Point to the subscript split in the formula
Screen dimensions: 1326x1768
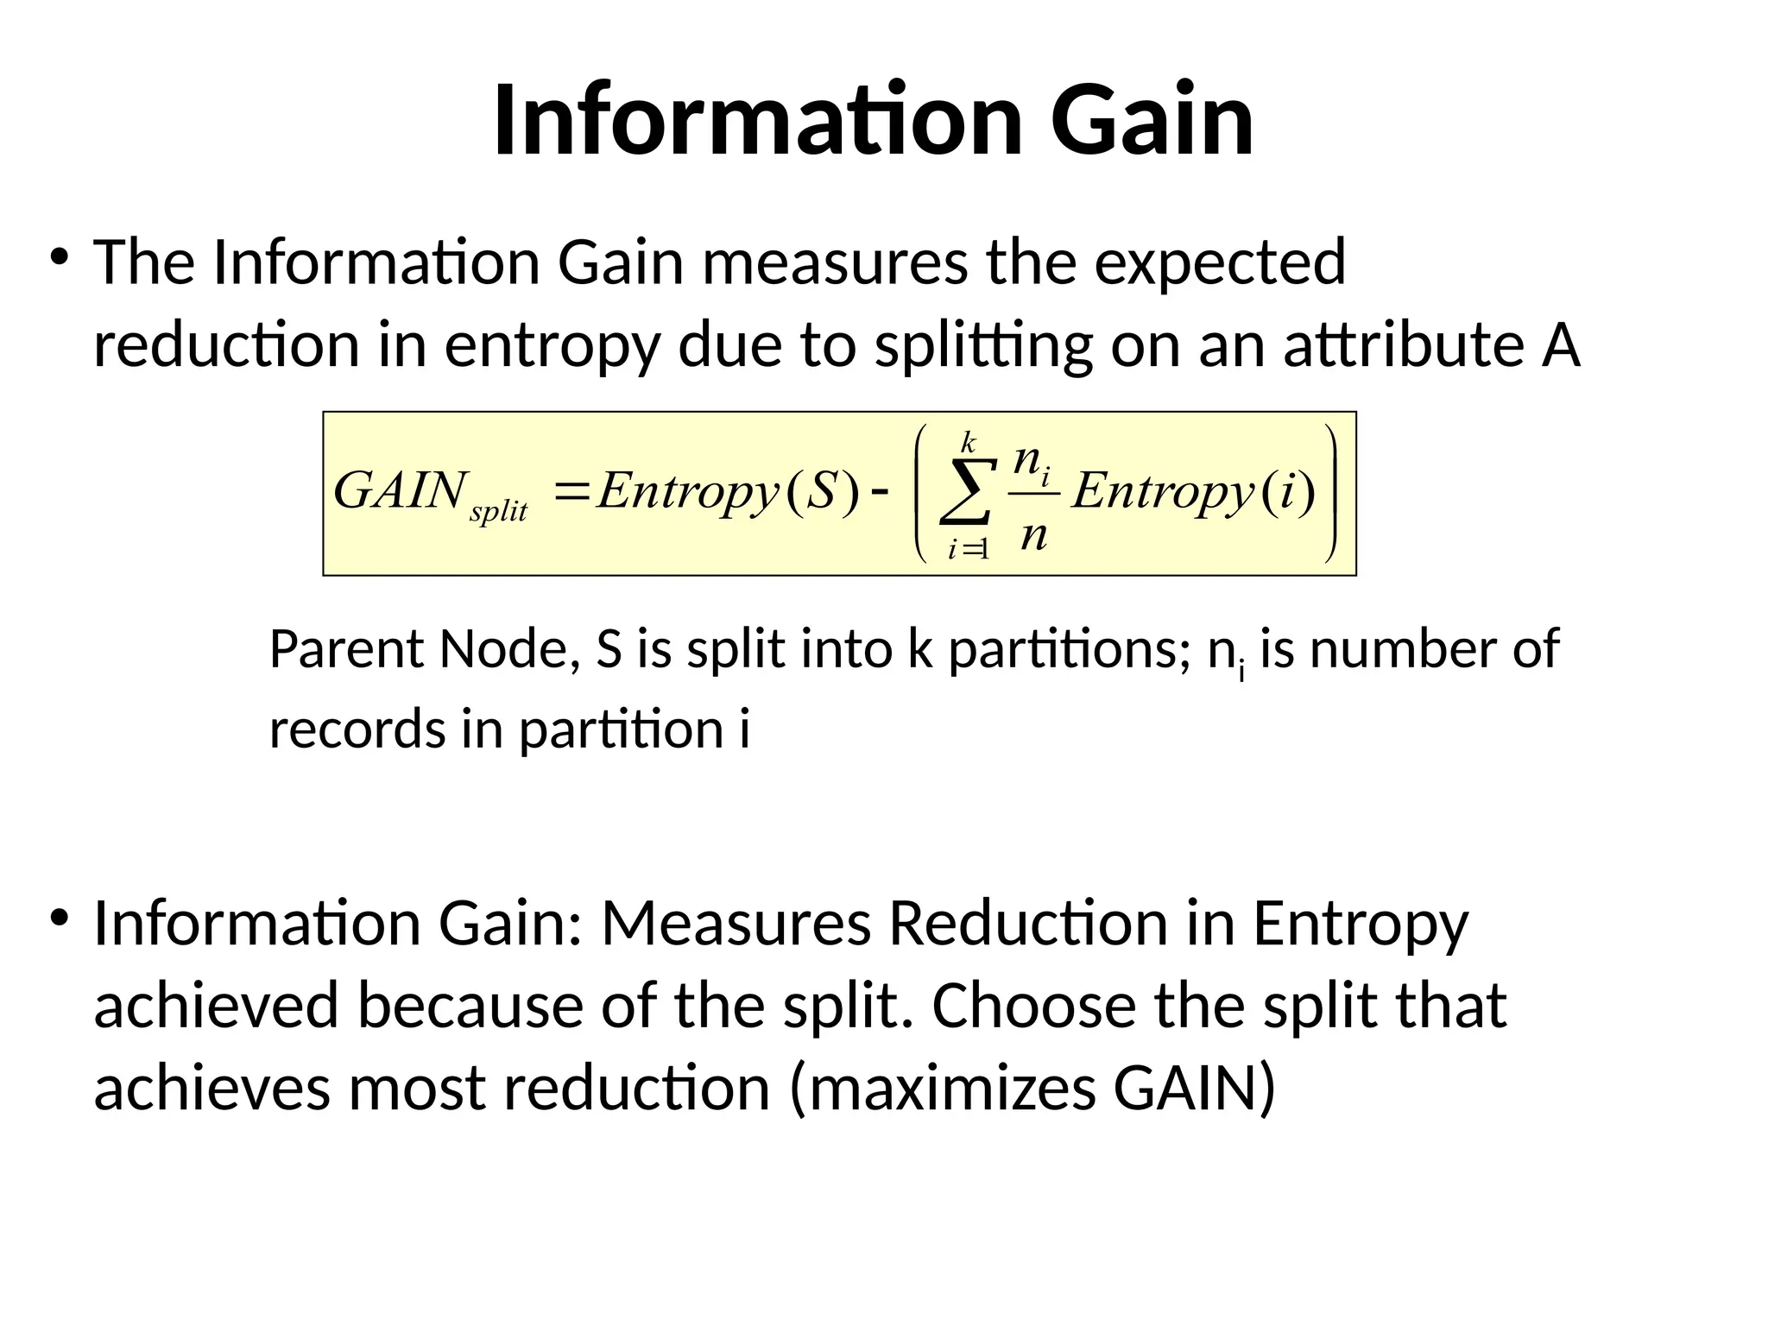pyautogui.click(x=498, y=512)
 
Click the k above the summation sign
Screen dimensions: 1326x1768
pyautogui.click(x=969, y=443)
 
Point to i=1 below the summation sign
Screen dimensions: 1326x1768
pyautogui.click(x=968, y=549)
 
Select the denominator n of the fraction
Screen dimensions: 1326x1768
pyautogui.click(x=1033, y=534)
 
